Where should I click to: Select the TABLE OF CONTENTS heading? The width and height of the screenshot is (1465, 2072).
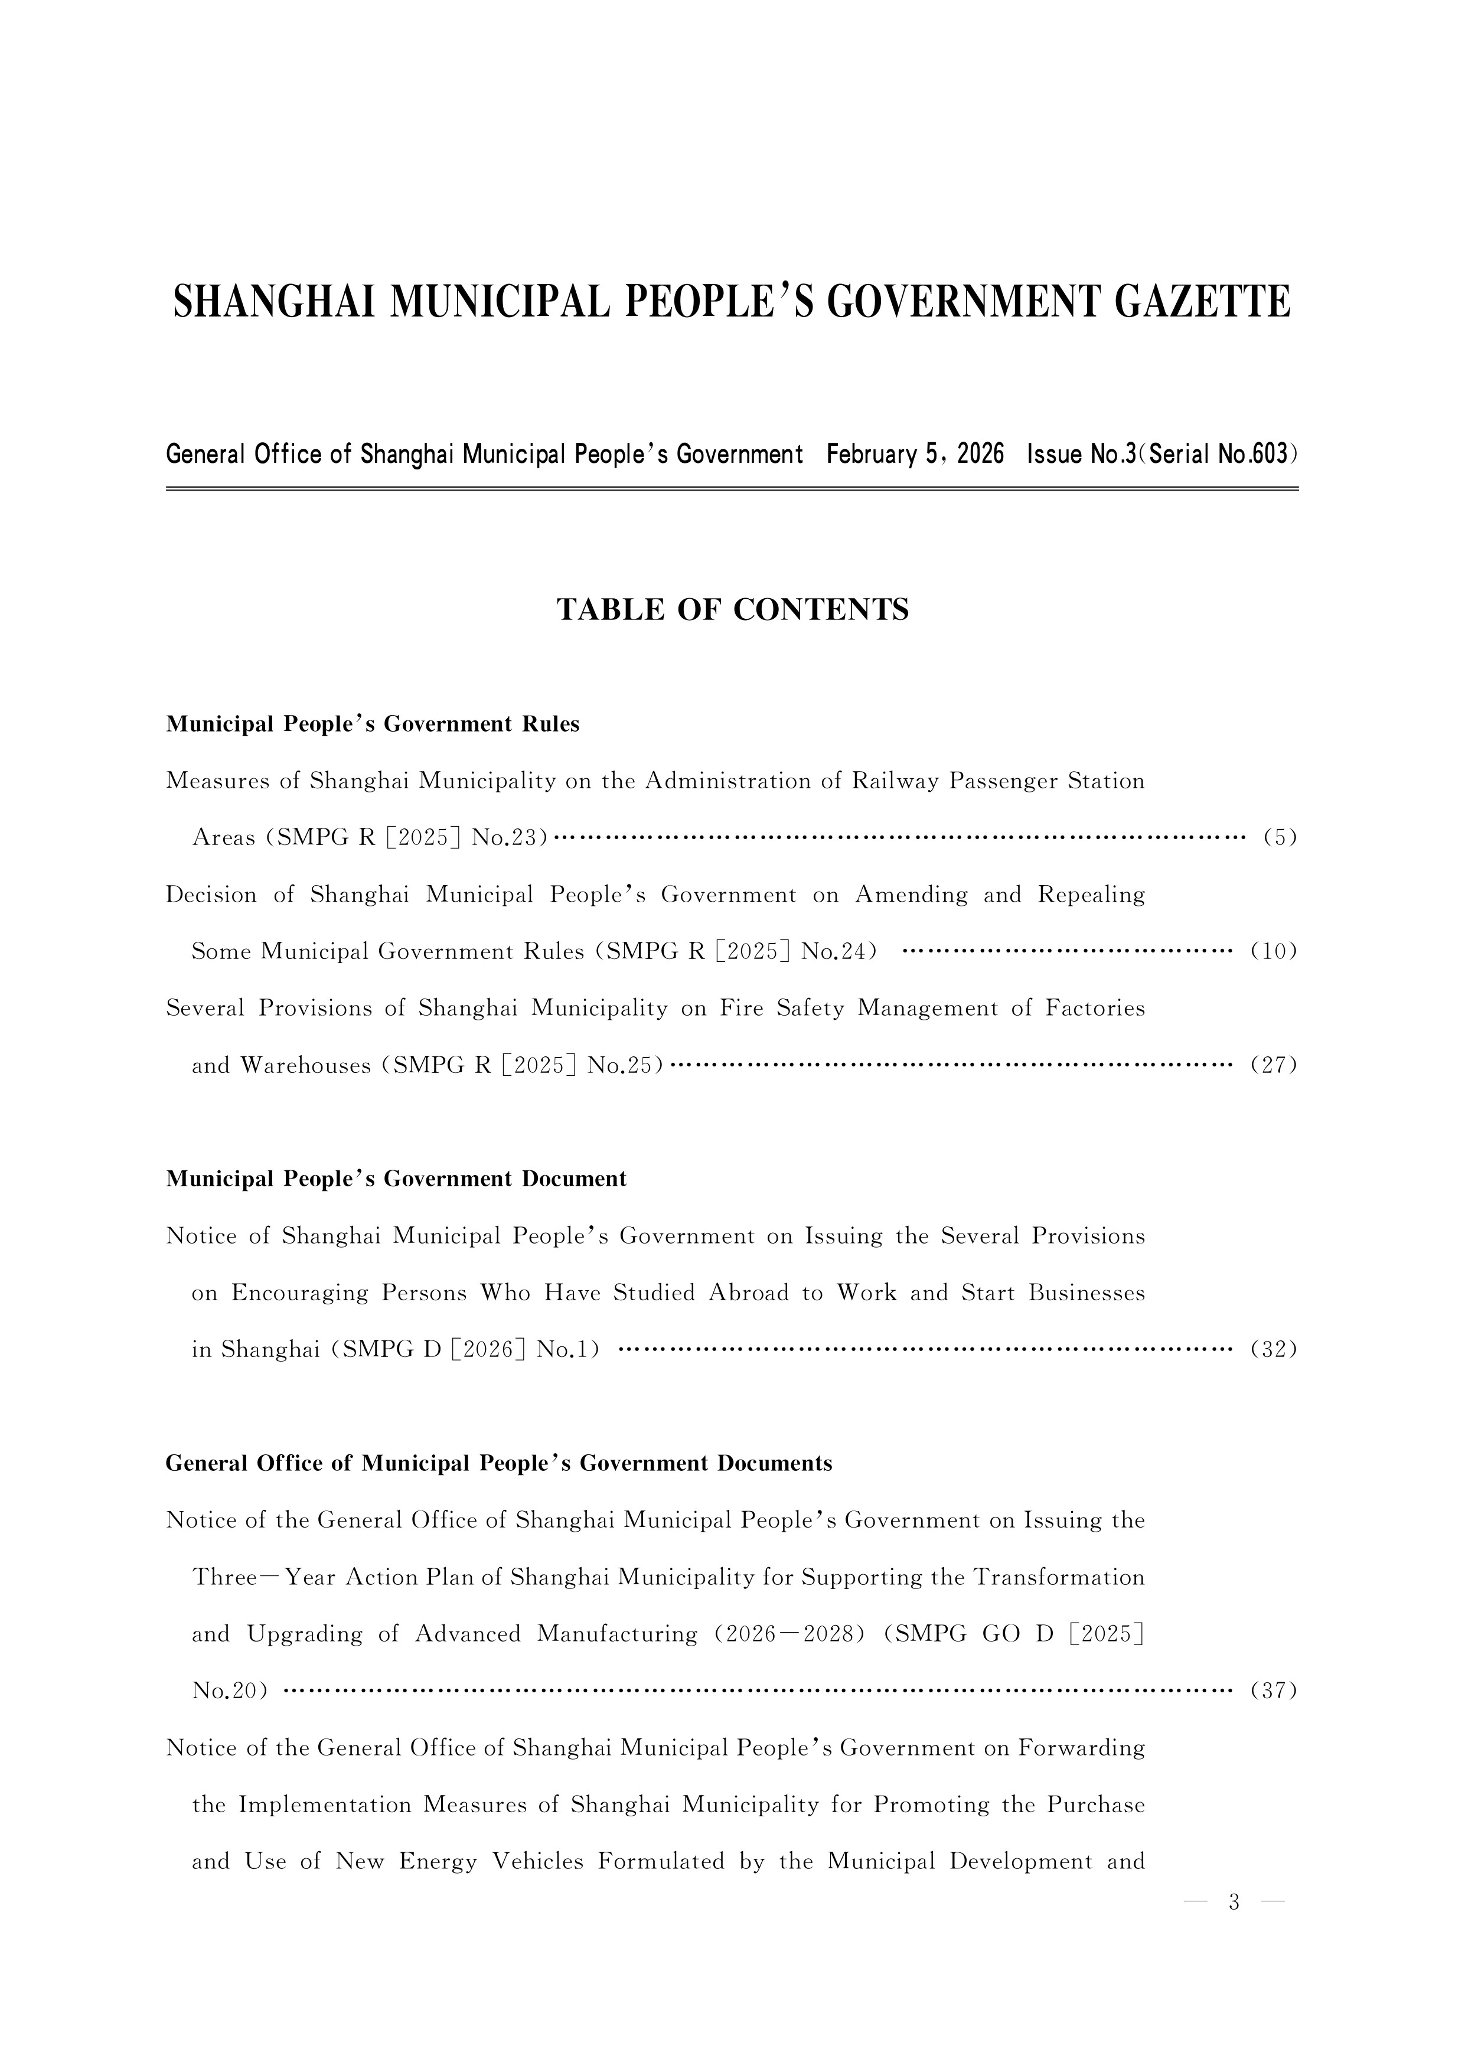click(732, 610)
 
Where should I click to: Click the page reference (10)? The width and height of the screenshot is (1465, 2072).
click(1274, 951)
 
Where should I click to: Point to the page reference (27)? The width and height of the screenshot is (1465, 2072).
click(1274, 1066)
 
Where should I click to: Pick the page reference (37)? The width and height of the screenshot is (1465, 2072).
click(1274, 1691)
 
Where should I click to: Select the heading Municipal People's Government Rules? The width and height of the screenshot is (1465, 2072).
click(372, 725)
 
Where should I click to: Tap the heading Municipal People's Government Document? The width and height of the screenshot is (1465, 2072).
click(396, 1180)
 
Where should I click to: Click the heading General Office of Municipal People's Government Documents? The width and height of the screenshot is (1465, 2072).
click(498, 1464)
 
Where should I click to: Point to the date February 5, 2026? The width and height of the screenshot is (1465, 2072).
click(915, 454)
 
